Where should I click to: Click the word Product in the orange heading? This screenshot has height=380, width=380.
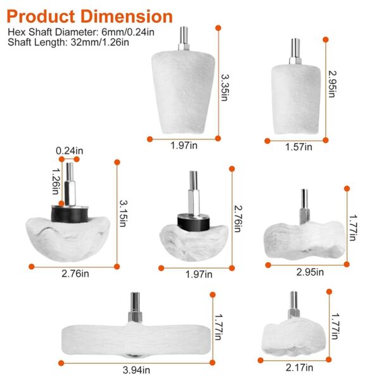pyautogui.click(x=41, y=16)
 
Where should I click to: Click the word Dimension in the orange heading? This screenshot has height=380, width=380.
pyautogui.click(x=127, y=16)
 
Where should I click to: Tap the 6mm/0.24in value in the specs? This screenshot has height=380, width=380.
pyautogui.click(x=128, y=32)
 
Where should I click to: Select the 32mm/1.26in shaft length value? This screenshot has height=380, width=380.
pyautogui.click(x=100, y=42)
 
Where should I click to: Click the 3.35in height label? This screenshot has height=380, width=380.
pyautogui.click(x=225, y=87)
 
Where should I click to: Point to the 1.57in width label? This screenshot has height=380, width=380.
pyautogui.click(x=298, y=147)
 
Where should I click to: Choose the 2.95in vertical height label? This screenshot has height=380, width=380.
pyautogui.click(x=332, y=84)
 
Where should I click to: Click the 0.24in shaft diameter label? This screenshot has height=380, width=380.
pyautogui.click(x=70, y=151)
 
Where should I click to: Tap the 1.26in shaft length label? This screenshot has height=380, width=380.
pyautogui.click(x=56, y=181)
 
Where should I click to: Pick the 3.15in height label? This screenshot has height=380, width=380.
pyautogui.click(x=123, y=213)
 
